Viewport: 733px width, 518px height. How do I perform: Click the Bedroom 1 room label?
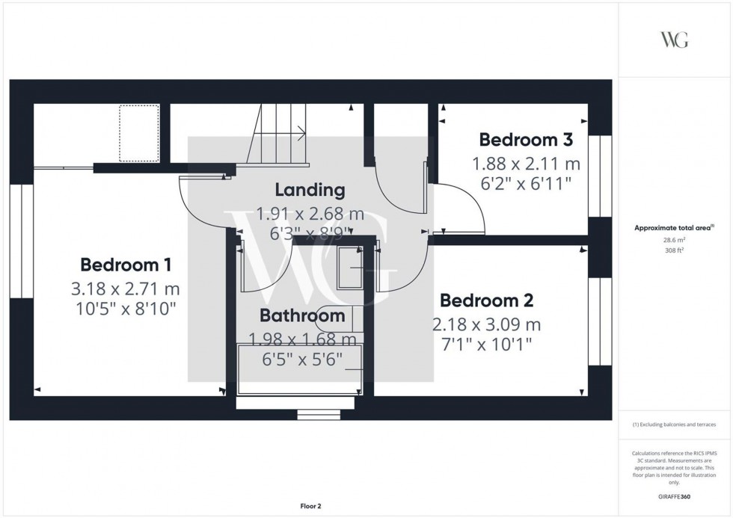click(126, 265)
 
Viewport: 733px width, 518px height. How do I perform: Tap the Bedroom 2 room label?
click(486, 300)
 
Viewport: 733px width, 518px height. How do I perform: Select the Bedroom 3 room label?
click(526, 140)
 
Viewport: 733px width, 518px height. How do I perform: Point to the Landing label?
click(310, 190)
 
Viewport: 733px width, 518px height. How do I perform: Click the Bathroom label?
click(302, 315)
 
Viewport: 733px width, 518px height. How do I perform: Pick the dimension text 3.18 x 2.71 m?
click(126, 288)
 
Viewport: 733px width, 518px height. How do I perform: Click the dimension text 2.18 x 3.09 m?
click(486, 324)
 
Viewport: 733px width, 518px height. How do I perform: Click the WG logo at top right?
click(674, 40)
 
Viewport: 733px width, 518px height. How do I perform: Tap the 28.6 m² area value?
click(675, 241)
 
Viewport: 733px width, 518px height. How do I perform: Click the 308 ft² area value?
click(675, 250)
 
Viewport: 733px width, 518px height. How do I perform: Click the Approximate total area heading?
click(674, 228)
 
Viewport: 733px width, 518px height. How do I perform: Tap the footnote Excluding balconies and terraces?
click(674, 425)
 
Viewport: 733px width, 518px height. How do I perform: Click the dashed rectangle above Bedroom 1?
click(138, 133)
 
